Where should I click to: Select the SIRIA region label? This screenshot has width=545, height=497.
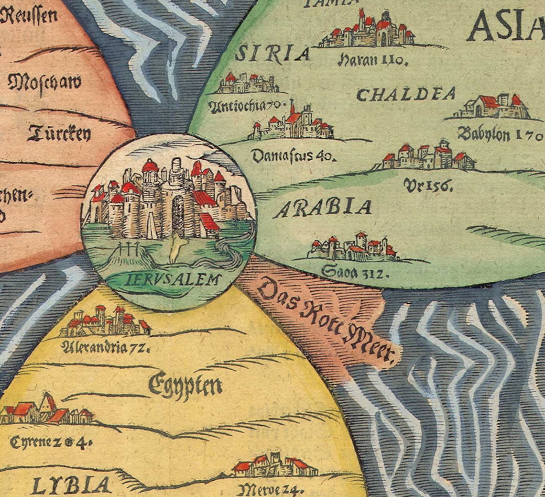[x=272, y=54]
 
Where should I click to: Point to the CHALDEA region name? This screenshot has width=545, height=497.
[x=406, y=94]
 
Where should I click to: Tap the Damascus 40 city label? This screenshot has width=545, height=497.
[x=294, y=156]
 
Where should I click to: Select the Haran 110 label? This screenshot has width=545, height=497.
[x=373, y=60]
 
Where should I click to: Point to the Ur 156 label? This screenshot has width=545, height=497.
[x=428, y=185]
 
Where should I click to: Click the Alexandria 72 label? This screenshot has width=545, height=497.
[x=107, y=346]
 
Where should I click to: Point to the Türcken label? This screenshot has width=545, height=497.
[x=59, y=133]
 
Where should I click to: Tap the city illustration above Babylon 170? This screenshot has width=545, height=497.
[x=492, y=107]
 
